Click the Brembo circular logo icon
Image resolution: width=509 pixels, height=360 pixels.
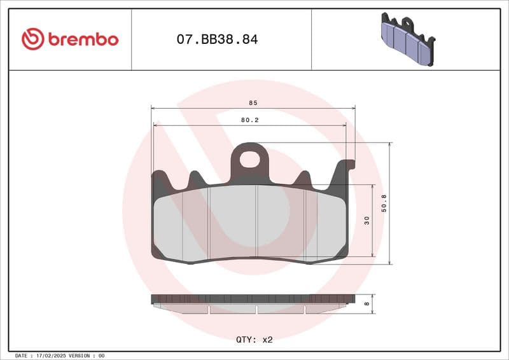(x=32, y=39)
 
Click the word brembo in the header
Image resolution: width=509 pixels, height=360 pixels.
(x=82, y=39)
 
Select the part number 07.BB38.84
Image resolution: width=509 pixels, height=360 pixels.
(x=217, y=39)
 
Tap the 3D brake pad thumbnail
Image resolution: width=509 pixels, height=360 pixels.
(x=407, y=39)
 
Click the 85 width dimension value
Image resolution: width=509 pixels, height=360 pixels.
(x=253, y=102)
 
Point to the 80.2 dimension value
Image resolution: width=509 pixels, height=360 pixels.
(x=249, y=120)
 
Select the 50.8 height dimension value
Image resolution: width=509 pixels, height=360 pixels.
(x=384, y=203)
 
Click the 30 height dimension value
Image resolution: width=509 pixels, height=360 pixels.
(x=366, y=221)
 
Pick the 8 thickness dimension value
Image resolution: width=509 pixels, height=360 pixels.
(x=366, y=304)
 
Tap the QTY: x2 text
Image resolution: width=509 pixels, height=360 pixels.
(x=254, y=340)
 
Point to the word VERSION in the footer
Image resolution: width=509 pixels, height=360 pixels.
(x=81, y=356)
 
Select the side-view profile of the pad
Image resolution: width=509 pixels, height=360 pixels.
(x=253, y=303)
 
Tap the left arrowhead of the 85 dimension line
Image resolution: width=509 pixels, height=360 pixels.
(x=153, y=108)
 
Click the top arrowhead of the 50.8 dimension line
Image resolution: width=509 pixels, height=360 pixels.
(x=390, y=145)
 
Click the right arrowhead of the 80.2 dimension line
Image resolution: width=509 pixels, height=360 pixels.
(x=344, y=125)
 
